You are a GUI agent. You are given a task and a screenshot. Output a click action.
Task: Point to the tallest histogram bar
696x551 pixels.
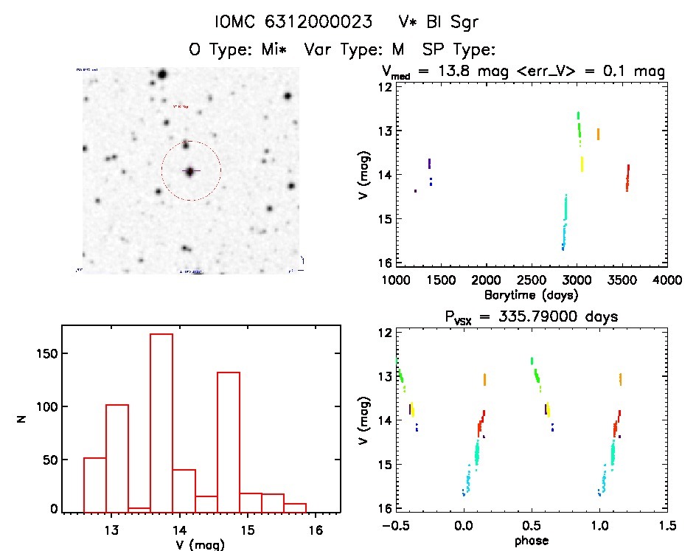161,421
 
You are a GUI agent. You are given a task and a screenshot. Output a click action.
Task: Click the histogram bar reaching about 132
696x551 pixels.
228,441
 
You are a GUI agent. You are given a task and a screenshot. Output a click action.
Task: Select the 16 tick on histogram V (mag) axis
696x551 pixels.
315,529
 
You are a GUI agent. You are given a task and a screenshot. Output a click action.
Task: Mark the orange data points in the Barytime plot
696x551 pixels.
598,134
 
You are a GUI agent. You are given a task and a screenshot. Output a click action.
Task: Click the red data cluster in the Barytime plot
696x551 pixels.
627,178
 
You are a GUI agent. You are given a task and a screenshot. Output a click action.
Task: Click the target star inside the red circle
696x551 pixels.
190,171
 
